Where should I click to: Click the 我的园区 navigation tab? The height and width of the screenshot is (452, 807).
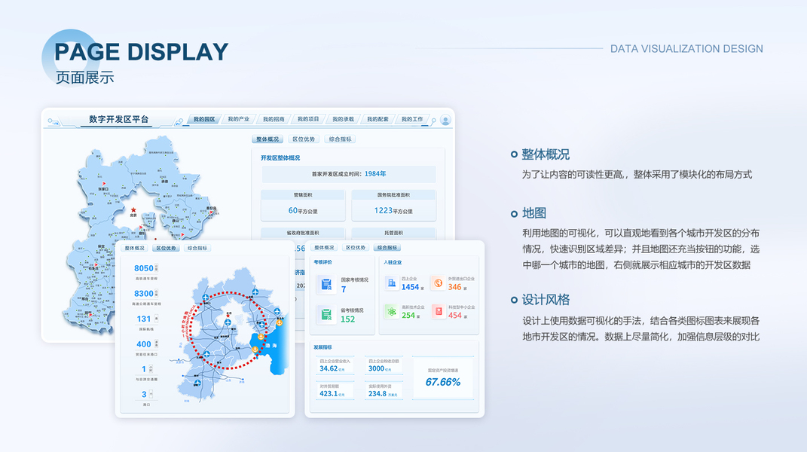tap(204, 119)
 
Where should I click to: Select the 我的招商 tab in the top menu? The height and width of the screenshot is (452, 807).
tap(274, 119)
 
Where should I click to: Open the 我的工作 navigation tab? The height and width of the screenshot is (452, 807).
tap(412, 119)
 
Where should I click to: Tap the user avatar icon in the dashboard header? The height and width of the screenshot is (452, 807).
tap(445, 120)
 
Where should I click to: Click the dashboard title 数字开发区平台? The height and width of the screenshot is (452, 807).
tap(118, 119)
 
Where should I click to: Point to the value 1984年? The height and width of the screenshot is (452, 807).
tap(375, 174)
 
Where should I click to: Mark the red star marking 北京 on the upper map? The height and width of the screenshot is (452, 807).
tap(133, 210)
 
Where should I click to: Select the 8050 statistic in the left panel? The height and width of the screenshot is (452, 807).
tap(143, 268)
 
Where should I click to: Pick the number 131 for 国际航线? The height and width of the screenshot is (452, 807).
tap(143, 319)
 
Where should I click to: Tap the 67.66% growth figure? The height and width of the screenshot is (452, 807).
tap(442, 382)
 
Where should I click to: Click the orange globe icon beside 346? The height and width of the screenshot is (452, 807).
tap(437, 282)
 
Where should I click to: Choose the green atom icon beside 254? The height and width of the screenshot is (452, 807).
tap(391, 312)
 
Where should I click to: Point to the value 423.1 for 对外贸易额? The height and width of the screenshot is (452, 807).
tap(329, 393)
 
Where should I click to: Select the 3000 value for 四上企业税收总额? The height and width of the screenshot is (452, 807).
tap(376, 368)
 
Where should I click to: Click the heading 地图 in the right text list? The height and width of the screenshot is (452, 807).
tap(534, 213)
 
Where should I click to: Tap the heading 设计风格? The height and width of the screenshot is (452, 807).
tap(546, 299)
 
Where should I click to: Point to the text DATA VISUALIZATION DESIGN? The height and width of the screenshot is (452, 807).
tap(686, 49)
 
